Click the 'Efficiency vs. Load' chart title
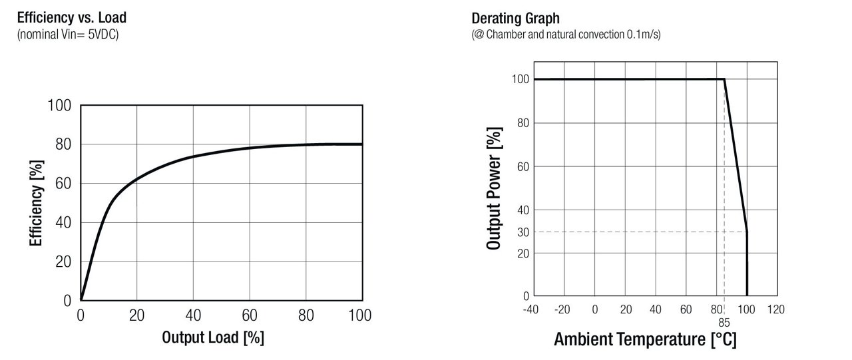click(71, 18)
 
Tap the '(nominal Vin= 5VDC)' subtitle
click(67, 34)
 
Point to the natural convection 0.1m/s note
click(566, 34)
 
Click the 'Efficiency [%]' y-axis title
click(36, 203)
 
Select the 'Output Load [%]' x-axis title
click(213, 337)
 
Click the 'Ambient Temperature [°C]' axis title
click(645, 340)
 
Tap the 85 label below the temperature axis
click(724, 322)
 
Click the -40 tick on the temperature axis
click(531, 309)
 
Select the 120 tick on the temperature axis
click(776, 309)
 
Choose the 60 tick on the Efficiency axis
click(63, 184)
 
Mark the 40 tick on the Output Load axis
click(193, 315)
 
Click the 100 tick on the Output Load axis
click(361, 315)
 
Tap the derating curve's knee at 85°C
click(724, 79)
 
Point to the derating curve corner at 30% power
click(747, 232)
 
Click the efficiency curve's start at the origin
click(81, 300)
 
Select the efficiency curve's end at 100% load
click(362, 144)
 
